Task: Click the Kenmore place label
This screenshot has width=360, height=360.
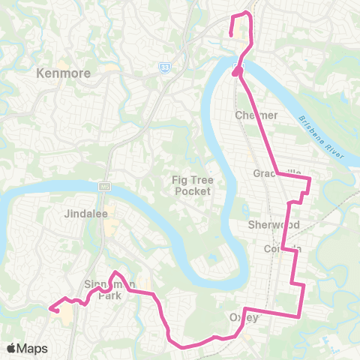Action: [63, 73]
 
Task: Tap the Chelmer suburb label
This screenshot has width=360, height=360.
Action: [256, 115]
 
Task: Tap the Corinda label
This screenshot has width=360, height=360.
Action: [283, 248]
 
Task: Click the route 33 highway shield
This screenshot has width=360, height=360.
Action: [163, 67]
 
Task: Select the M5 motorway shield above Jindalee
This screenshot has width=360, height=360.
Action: [103, 185]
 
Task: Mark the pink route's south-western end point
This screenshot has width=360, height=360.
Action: [50, 307]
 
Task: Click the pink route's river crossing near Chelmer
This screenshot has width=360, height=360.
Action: [238, 69]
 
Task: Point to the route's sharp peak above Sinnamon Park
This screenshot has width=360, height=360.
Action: [115, 272]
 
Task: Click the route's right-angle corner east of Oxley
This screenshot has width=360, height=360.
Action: [302, 316]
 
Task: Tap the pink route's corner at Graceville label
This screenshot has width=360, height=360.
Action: [279, 173]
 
